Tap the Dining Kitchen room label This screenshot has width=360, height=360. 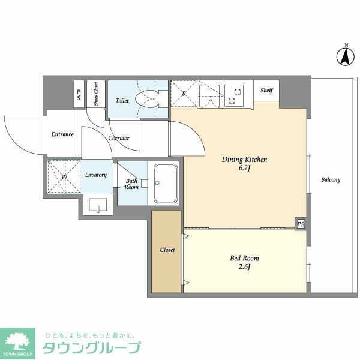[244, 160]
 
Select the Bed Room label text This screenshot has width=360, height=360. [245, 259]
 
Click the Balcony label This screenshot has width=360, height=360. [331, 179]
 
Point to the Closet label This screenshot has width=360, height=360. [167, 250]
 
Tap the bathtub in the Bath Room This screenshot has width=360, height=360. [164, 183]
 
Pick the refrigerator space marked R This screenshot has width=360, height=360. [184, 94]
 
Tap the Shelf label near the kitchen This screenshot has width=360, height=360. [266, 91]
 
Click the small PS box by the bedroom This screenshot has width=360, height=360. [300, 224]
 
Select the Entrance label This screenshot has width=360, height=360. [62, 134]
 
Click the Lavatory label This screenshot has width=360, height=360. [96, 175]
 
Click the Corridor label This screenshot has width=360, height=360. [119, 138]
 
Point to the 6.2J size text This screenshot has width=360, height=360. [244, 170]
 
